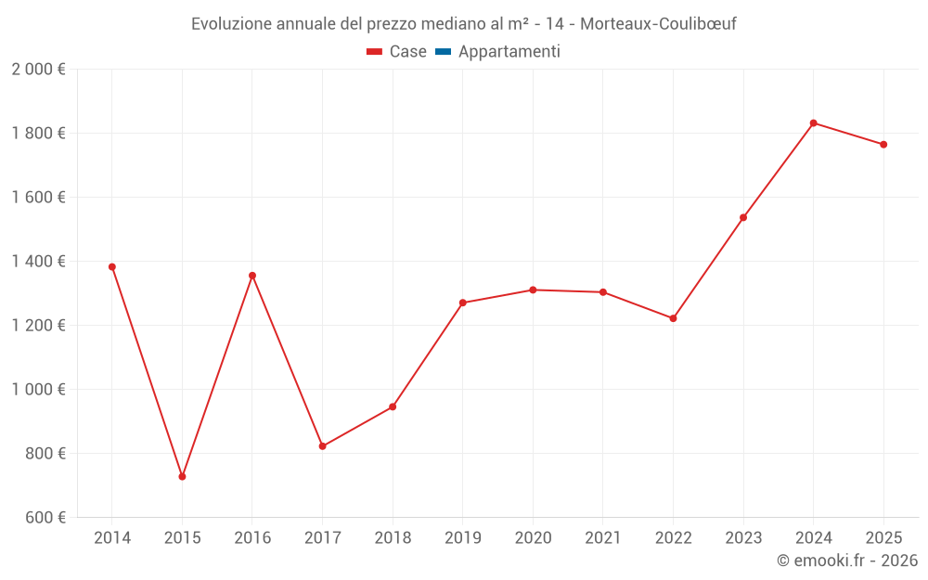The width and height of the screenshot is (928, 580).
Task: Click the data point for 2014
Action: point(112,267)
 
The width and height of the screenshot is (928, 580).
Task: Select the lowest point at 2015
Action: point(182,477)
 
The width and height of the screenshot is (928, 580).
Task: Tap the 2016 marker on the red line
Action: point(252,276)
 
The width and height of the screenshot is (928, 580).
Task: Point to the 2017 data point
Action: point(322,446)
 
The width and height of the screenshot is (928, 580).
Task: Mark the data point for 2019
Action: point(463,303)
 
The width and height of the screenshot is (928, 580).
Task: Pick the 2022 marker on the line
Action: point(673,318)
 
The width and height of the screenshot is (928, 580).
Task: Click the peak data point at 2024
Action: point(813,122)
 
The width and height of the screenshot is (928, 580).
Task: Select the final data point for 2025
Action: point(883,145)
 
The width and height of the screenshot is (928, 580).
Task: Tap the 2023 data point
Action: point(743,218)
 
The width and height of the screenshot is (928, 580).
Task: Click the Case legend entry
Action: point(397,52)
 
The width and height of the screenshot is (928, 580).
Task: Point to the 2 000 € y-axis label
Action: point(38,70)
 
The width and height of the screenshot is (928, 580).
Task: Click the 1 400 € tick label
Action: point(38,262)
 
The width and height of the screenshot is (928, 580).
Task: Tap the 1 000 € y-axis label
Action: point(38,390)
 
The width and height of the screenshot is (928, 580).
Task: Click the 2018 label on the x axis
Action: point(393,538)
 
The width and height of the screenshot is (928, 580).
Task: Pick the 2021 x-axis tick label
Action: point(603,538)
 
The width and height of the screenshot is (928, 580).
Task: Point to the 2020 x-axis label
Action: point(533,538)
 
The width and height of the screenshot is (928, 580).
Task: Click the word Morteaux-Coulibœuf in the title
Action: point(658,24)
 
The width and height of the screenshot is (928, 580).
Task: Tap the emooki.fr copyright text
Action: point(847,561)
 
